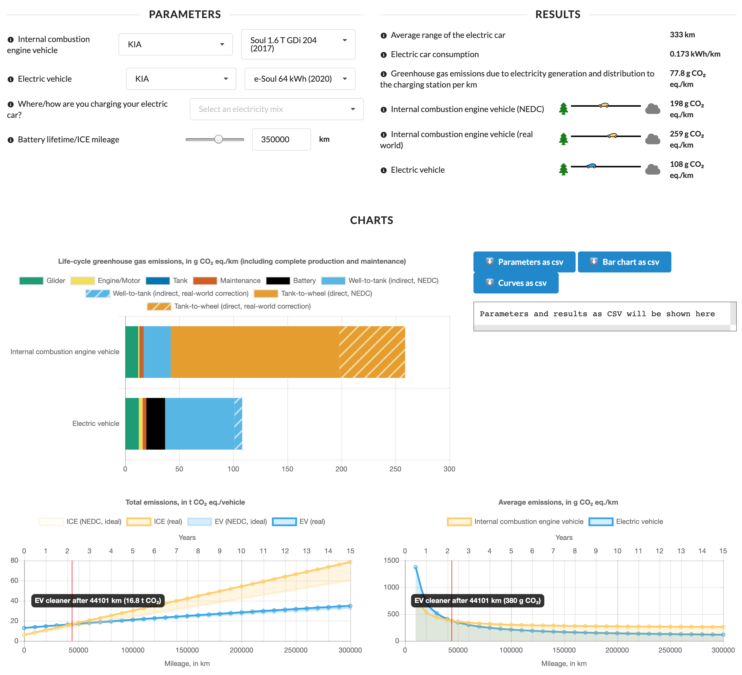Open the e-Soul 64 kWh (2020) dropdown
[x=299, y=79]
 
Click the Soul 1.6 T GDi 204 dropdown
[x=298, y=44]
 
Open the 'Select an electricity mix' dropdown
[x=276, y=109]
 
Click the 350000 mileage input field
[x=281, y=139]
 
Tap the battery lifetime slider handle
[x=219, y=139]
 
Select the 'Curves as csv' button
[x=516, y=283]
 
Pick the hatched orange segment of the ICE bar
[x=372, y=352]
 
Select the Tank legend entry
[x=167, y=281]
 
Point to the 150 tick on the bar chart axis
[x=287, y=469]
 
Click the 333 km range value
[x=682, y=35]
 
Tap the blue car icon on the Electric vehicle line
[x=591, y=166]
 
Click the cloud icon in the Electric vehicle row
[x=653, y=169]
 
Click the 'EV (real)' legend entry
[x=299, y=522]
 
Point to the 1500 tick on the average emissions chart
[x=391, y=560]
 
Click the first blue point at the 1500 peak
[x=416, y=567]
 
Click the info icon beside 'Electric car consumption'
[x=384, y=55]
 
